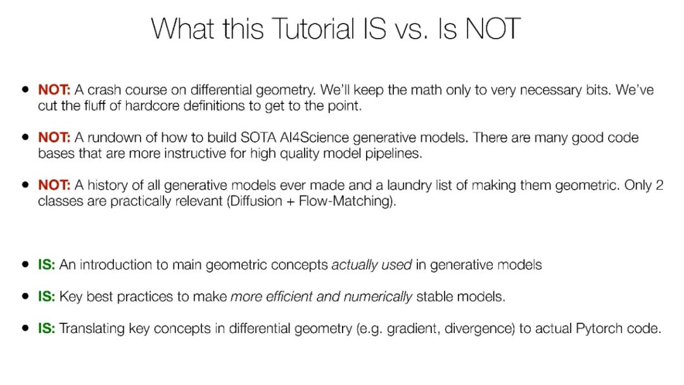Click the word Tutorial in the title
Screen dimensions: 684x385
[x=313, y=29]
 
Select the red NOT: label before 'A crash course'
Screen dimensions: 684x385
[x=54, y=89]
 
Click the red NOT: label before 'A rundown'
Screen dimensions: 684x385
[x=54, y=137]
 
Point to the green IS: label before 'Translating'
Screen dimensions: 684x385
[x=47, y=328]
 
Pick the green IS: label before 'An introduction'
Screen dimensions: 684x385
[x=47, y=264]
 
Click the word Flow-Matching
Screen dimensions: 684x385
[x=345, y=201]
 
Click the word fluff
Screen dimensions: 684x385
[x=94, y=105]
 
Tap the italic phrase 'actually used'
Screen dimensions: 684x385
[x=372, y=265]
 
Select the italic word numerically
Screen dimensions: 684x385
[x=377, y=297]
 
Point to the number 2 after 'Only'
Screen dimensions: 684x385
[x=659, y=185]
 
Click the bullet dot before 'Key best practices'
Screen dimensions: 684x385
[x=25, y=296]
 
